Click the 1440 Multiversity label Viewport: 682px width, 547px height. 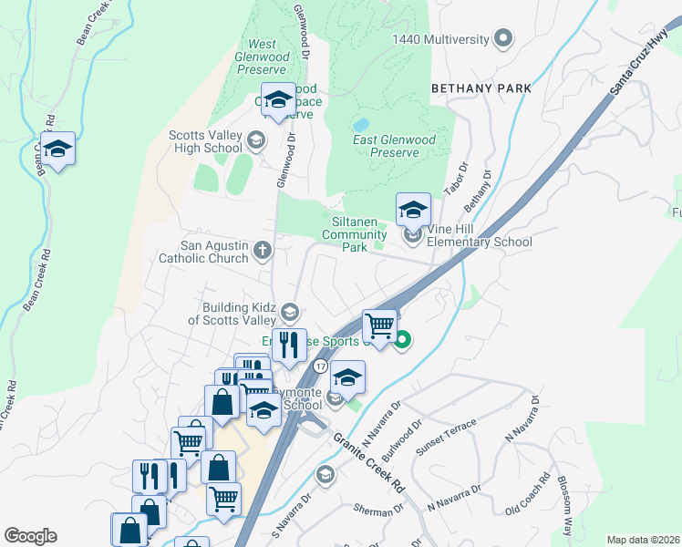pos(441,39)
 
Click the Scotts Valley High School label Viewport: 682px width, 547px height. pos(205,142)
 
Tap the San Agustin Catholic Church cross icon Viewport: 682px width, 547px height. pos(263,250)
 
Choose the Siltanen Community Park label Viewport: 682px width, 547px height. pos(356,234)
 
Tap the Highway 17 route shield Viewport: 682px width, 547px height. pos(320,366)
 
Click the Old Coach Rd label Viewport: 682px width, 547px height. pos(530,494)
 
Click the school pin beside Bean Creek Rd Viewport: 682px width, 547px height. pos(57,150)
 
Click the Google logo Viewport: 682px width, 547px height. pos(30,536)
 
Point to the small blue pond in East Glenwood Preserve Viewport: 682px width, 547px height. pos(361,123)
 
